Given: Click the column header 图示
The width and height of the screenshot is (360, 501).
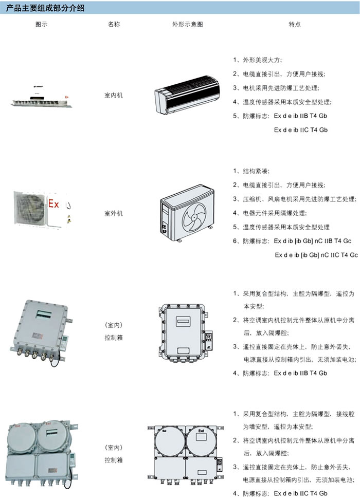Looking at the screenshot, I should click(41, 24).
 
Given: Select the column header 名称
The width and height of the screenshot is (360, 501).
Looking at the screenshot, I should click(114, 24).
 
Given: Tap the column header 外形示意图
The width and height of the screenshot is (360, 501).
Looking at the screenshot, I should click(187, 24).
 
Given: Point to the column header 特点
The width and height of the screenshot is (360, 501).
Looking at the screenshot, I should click(295, 24).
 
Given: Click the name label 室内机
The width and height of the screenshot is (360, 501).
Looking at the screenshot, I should click(114, 96).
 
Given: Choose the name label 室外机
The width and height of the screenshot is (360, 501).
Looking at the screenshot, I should click(114, 213).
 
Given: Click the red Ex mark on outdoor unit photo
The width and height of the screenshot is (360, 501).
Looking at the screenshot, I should click(53, 205).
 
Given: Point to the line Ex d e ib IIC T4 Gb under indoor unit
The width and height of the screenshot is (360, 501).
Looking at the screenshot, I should click(301, 130).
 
